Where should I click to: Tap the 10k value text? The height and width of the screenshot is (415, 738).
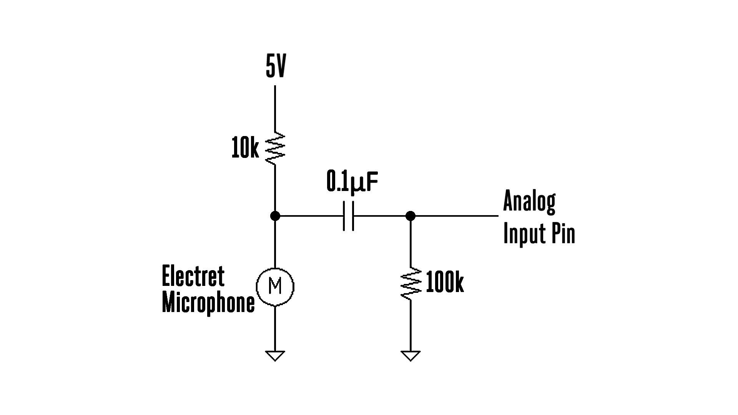pos(245,149)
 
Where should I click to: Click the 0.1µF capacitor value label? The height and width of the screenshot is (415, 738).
pos(352,181)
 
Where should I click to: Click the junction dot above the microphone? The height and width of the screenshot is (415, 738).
pos(275,216)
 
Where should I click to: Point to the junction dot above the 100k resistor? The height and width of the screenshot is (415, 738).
pos(411,216)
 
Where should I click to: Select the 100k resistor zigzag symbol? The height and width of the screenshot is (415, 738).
pos(411,284)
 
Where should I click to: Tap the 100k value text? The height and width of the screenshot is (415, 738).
pos(445,284)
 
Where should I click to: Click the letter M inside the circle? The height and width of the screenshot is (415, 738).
pos(275,286)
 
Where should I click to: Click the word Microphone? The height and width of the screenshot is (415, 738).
pos(208,303)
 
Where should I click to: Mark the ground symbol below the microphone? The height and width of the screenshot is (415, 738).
pos(275,355)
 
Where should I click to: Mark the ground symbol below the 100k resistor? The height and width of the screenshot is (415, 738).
pos(411,355)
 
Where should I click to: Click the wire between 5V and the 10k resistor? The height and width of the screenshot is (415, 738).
pos(275,110)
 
